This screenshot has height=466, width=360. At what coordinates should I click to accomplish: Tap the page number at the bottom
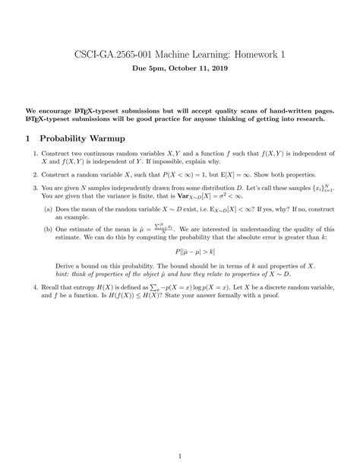(x=179, y=435)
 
